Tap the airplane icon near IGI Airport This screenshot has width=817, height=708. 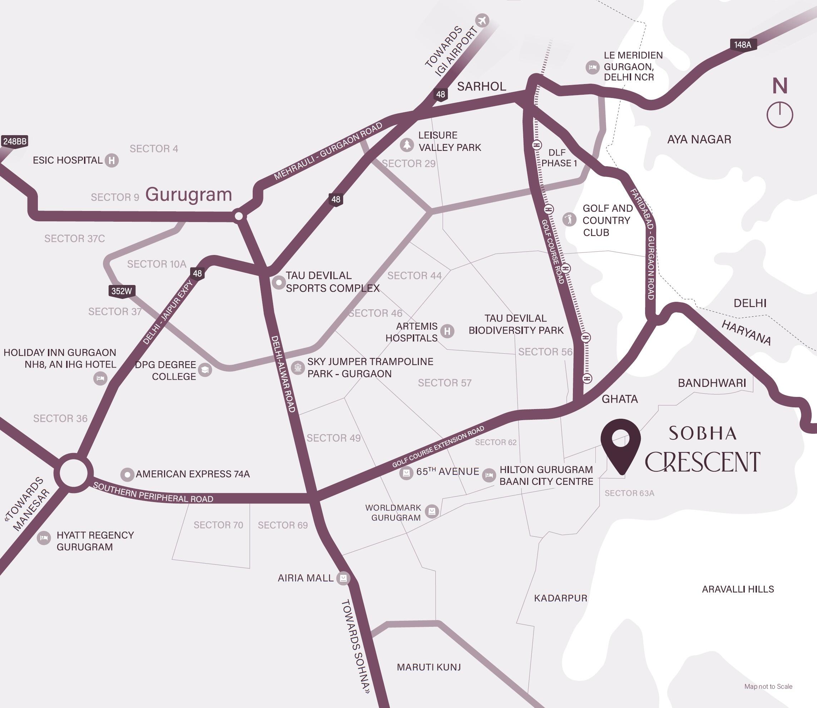pyautogui.click(x=482, y=20)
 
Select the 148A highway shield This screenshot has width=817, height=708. pyautogui.click(x=743, y=45)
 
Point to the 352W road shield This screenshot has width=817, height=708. pyautogui.click(x=122, y=291)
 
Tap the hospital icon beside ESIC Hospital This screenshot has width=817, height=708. pyautogui.click(x=112, y=161)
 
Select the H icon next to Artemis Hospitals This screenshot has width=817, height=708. pyautogui.click(x=447, y=331)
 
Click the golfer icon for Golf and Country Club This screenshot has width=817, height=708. pyautogui.click(x=569, y=219)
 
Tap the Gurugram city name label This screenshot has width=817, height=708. pyautogui.click(x=188, y=195)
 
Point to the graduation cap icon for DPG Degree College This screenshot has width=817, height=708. pyautogui.click(x=205, y=370)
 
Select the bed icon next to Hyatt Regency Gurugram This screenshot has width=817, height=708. pyautogui.click(x=44, y=538)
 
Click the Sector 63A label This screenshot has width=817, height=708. pyautogui.click(x=629, y=493)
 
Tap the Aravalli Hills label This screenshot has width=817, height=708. pyautogui.click(x=738, y=589)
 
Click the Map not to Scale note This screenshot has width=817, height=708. pyautogui.click(x=768, y=686)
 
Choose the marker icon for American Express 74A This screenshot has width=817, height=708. pyautogui.click(x=127, y=474)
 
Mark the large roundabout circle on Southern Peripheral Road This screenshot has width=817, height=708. pyautogui.click(x=74, y=473)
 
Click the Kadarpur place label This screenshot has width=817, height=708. pyautogui.click(x=560, y=598)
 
